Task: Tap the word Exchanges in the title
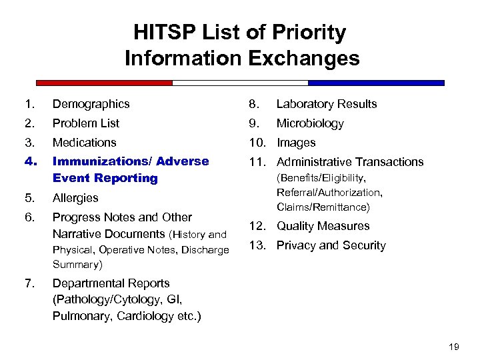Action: [304, 59]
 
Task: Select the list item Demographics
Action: [91, 104]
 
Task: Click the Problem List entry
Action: [86, 123]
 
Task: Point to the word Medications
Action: [84, 143]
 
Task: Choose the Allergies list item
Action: [75, 198]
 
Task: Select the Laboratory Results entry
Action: [327, 104]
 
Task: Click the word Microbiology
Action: [310, 123]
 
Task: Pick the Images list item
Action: [296, 143]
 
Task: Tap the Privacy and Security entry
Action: [331, 245]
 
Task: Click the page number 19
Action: [455, 346]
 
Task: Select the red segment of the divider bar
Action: [104, 83]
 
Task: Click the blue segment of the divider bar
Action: [376, 83]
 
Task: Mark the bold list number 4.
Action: [28, 161]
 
